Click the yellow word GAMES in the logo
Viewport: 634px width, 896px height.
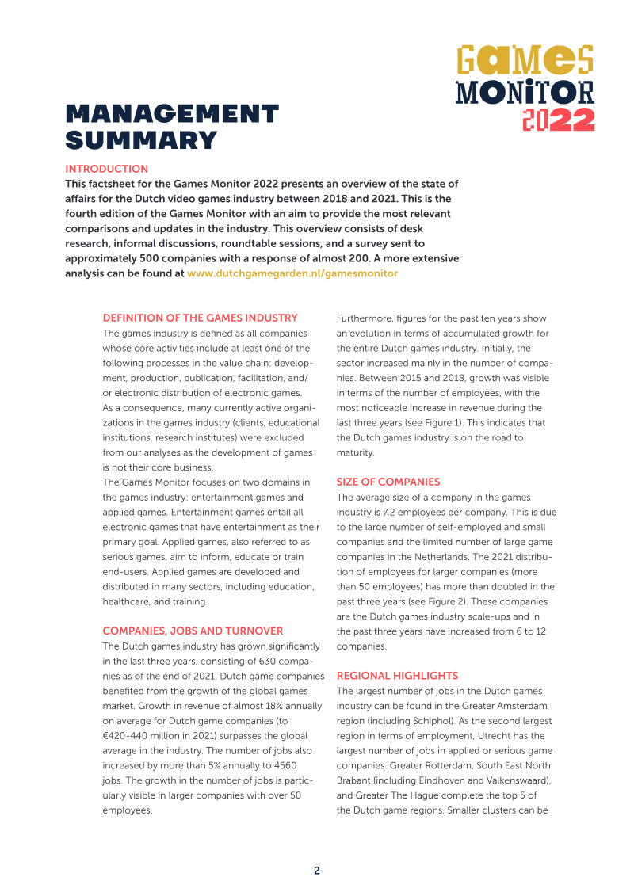pos(525,60)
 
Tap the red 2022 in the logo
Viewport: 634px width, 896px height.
pos(559,119)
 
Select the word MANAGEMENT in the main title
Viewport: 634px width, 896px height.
pos(172,114)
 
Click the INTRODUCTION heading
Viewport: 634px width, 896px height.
pos(106,169)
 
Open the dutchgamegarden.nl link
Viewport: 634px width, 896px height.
pos(292,273)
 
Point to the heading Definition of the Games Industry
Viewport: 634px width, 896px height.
pos(200,318)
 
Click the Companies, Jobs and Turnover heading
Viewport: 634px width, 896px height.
pos(193,631)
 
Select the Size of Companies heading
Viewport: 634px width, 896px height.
pos(388,482)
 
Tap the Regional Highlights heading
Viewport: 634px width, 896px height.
pos(397,676)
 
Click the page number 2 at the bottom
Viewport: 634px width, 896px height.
pos(317,871)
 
